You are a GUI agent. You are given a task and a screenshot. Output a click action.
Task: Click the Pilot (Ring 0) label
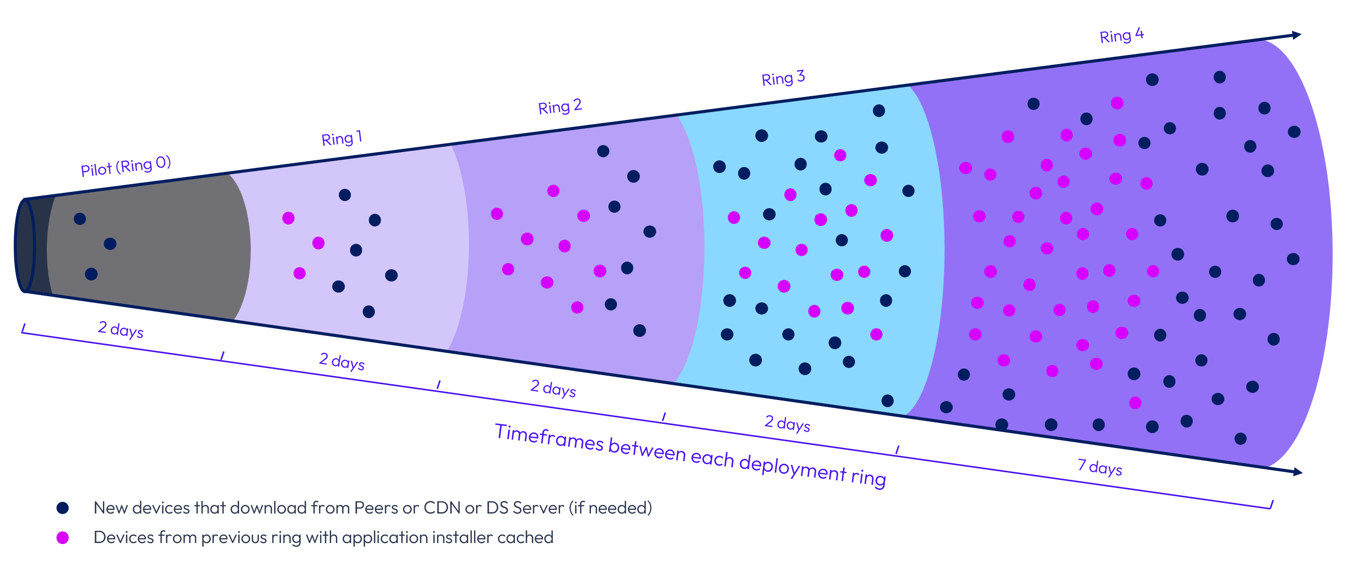point(126,166)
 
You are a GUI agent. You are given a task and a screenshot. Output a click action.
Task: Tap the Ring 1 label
point(341,138)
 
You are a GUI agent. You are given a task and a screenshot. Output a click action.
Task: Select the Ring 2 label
point(560,107)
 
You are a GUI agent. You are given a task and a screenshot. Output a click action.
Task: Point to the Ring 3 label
point(783,78)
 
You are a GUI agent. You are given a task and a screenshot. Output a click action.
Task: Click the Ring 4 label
point(1122,35)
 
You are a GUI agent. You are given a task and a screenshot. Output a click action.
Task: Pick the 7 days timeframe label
point(1099,467)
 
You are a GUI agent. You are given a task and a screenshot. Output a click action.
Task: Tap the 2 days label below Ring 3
point(787,423)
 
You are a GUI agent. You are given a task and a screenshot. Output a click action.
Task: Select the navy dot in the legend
point(63,507)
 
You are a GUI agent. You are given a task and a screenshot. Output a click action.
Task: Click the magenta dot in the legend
point(63,537)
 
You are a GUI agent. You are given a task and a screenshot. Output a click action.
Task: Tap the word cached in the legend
point(525,537)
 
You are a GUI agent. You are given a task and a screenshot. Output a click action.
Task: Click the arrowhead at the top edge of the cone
point(1296,35)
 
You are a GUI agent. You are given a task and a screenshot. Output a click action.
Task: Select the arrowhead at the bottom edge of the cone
point(1297,472)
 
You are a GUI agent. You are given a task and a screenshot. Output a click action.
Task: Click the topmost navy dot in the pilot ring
point(80,218)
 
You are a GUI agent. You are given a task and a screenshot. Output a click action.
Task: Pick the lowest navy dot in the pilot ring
point(92,274)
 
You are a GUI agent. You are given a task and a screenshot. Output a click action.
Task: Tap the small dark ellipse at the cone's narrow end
point(25,245)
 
